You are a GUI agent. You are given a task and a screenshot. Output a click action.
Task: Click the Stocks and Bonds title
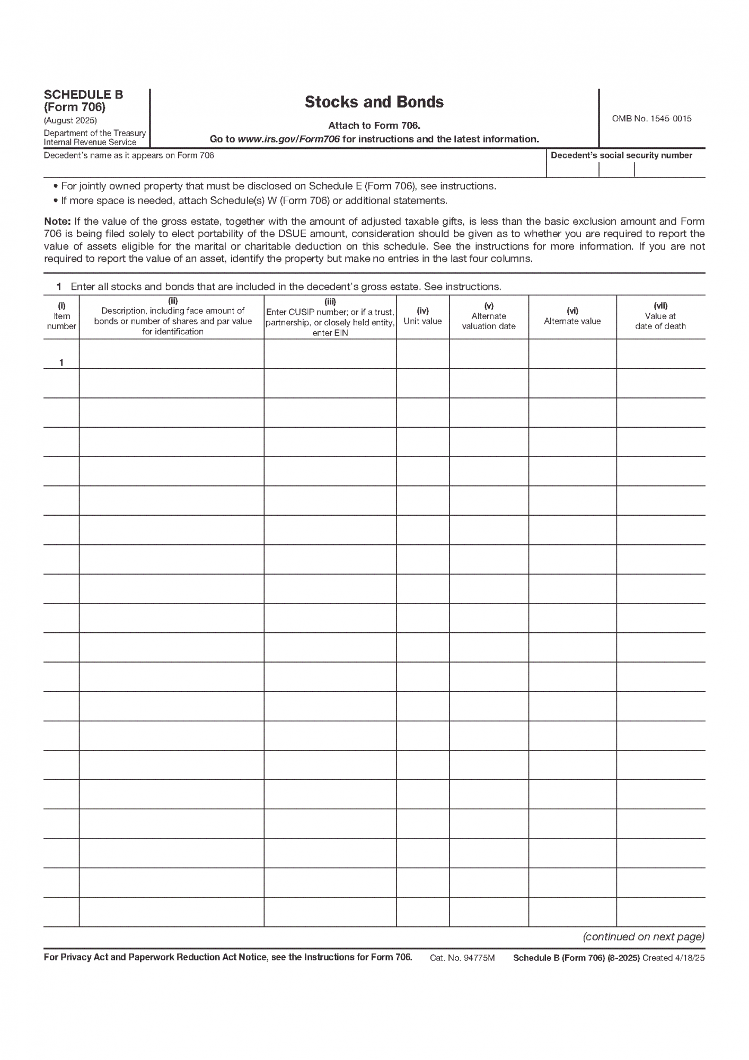[374, 102]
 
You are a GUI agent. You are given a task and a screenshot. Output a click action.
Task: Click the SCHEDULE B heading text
[83, 95]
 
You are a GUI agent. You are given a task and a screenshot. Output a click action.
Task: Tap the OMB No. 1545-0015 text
[651, 119]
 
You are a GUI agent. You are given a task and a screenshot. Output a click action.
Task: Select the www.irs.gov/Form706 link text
[288, 139]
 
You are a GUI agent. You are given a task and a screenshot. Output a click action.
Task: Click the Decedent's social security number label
[621, 155]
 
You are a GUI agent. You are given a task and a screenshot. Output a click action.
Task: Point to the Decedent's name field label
[129, 155]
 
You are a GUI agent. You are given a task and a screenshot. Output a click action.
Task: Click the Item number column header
[61, 316]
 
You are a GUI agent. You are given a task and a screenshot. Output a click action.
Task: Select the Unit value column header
[422, 316]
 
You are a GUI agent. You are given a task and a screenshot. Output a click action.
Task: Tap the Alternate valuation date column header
[488, 316]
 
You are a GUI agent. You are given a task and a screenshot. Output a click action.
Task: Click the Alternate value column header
[572, 316]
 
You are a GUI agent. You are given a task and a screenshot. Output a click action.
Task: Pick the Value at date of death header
[660, 316]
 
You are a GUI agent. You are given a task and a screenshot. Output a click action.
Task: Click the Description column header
[172, 316]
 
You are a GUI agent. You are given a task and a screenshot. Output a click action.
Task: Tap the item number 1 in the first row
[61, 363]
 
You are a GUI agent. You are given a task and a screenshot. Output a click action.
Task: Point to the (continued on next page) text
[644, 937]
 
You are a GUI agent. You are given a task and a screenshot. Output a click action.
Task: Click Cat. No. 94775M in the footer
[462, 958]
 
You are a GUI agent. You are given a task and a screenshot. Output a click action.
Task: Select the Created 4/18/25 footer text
[673, 958]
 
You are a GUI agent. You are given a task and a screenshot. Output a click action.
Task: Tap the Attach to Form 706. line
[374, 126]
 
